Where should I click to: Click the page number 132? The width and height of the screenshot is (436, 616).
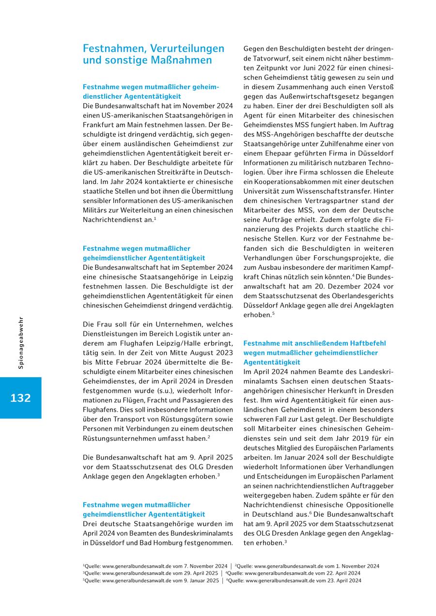click(x=20, y=398)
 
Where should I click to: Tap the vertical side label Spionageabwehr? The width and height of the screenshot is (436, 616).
click(x=21, y=343)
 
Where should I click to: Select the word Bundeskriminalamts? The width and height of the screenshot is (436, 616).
click(x=201, y=533)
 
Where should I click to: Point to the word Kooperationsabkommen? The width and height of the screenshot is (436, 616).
click(x=287, y=182)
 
